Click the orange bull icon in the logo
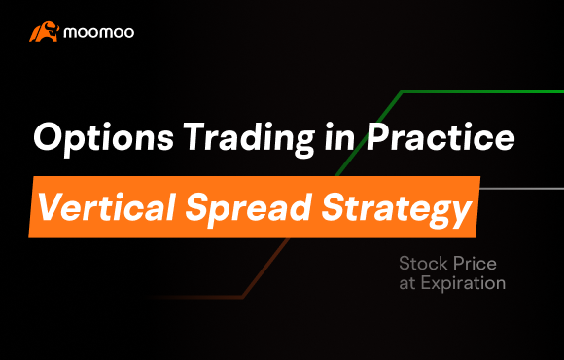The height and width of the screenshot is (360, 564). coord(41,33)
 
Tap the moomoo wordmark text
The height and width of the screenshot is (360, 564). coord(99,33)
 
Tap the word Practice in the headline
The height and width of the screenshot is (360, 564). coord(441,138)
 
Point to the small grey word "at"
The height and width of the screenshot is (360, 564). coord(407,284)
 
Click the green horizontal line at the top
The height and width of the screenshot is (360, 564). coord(481,91)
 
